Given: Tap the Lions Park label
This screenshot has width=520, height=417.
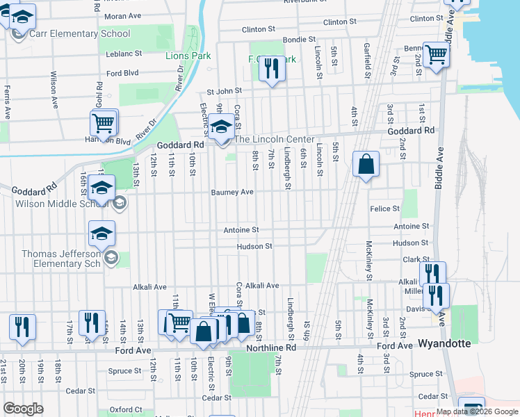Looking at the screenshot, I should click(186, 56).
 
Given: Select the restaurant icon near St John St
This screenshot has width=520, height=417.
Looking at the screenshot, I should click(272, 69).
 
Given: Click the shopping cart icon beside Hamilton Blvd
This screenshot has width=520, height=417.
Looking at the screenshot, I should click(103, 124).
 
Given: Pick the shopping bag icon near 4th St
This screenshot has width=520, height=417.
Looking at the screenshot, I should click(366, 165).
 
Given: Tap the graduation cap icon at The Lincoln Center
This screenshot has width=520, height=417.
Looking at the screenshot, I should click(222, 129).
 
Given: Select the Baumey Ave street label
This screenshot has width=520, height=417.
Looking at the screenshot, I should click(233, 193).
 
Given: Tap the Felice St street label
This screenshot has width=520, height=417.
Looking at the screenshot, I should click(385, 208).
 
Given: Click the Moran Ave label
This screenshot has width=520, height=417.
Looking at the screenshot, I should click(122, 15).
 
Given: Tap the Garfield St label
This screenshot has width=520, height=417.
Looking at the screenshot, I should click(366, 59).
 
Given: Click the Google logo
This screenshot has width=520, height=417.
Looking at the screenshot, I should click(24, 409).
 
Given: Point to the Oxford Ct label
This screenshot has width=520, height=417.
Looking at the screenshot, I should click(126, 409).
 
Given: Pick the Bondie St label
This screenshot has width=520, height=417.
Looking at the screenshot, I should click(300, 40).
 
